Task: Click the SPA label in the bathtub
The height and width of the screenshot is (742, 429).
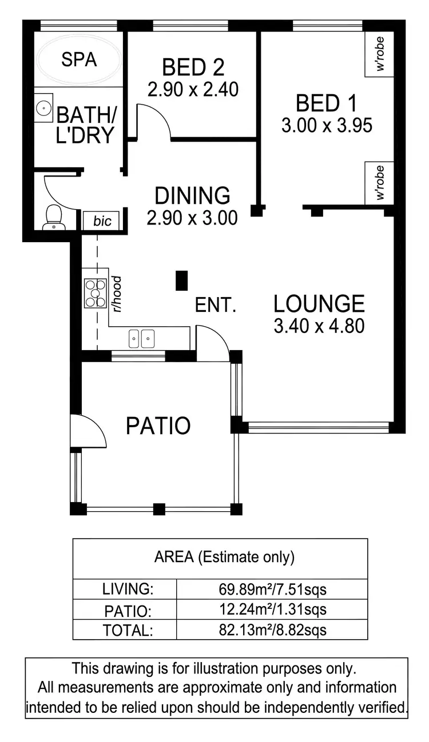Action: click(x=79, y=59)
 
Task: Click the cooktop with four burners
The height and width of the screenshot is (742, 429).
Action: click(x=95, y=292)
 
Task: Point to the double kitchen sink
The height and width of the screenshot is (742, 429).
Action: click(x=141, y=338)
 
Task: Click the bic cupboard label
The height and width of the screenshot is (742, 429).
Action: click(x=102, y=221)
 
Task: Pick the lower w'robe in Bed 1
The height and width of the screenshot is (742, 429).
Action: click(x=380, y=182)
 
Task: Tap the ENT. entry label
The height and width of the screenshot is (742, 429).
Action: click(x=216, y=306)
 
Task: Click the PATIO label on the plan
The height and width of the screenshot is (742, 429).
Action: click(x=158, y=426)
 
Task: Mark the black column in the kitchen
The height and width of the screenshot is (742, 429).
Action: click(x=181, y=280)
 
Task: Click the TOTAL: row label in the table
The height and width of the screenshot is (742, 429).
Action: click(x=127, y=630)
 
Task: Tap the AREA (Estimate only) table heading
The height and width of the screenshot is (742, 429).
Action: click(x=224, y=557)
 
